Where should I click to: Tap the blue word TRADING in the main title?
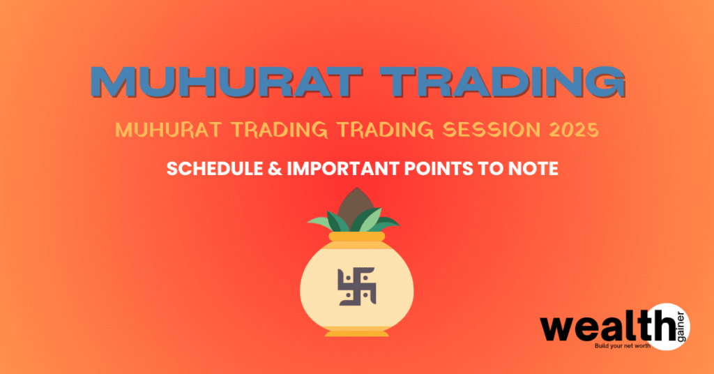[503, 82]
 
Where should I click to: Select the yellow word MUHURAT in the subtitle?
[169, 130]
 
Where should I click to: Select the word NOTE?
[533, 169]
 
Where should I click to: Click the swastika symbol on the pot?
[356, 286]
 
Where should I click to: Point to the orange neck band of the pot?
[356, 237]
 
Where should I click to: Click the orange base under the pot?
[356, 332]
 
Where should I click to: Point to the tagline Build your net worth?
[623, 346]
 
